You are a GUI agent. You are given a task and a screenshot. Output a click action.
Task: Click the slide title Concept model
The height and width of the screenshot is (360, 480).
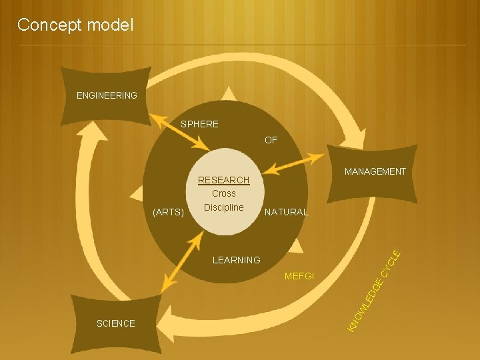click(x=75, y=25)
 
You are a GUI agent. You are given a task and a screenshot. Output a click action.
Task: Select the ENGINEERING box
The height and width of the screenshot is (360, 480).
click(x=107, y=95)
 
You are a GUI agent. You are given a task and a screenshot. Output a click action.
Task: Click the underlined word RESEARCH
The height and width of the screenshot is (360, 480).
click(x=224, y=180)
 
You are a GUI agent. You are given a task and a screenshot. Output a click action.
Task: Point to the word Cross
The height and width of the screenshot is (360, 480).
click(x=224, y=193)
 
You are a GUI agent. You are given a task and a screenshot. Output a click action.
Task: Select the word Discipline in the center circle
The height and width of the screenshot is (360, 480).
click(x=224, y=207)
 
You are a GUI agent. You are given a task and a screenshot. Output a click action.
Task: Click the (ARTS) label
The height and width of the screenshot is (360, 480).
click(x=168, y=213)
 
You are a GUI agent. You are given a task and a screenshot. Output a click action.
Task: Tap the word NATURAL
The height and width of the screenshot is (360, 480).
click(x=286, y=213)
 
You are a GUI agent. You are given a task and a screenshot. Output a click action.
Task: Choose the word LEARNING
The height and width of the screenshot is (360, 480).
click(x=236, y=260)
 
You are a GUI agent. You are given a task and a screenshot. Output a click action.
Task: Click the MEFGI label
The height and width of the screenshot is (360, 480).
click(x=299, y=276)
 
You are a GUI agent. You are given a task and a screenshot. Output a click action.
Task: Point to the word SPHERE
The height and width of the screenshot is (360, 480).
click(x=199, y=124)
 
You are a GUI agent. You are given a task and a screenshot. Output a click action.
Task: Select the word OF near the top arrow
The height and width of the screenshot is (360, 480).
click(x=271, y=140)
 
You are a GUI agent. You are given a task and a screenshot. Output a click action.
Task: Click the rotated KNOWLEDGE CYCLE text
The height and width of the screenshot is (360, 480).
click(x=374, y=290)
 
